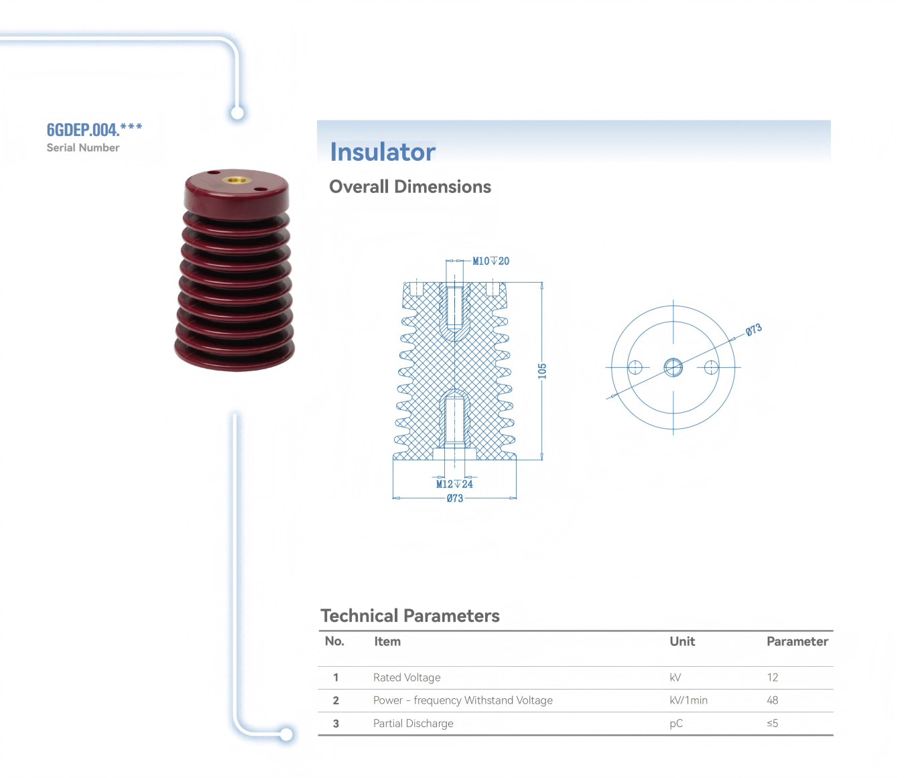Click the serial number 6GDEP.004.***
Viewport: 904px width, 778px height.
94,129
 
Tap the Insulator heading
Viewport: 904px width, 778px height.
383,152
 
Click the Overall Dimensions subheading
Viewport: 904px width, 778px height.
409,187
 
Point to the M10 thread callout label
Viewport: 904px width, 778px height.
491,261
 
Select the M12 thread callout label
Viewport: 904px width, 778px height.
454,484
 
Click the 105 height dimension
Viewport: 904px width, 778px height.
542,371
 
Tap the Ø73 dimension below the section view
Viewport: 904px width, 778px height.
455,499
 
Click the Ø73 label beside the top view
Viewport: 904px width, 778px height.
754,330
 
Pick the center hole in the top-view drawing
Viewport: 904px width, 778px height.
673,367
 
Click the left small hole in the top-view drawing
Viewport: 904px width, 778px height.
635,367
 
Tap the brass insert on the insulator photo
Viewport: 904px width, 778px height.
233,180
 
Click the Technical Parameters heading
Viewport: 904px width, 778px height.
409,616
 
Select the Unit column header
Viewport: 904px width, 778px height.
682,641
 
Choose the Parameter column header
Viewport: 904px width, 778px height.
797,641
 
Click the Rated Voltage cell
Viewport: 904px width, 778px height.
407,677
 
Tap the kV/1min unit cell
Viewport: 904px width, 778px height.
688,700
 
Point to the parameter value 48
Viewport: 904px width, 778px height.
773,700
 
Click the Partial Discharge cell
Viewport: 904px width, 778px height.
413,724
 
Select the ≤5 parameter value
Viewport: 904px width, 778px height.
773,724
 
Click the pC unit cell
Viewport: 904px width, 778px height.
676,724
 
